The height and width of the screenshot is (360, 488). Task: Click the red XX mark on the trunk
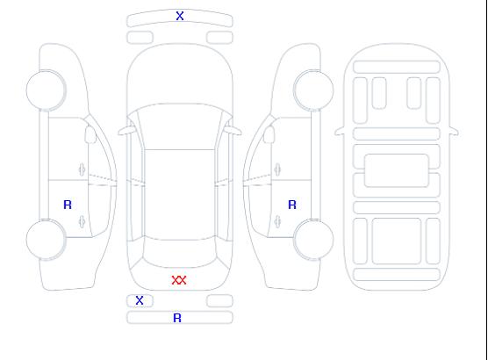[179, 280]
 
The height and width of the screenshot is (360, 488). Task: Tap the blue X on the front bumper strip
[180, 16]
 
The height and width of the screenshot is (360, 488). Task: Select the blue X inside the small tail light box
[140, 300]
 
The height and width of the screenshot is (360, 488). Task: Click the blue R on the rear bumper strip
[177, 318]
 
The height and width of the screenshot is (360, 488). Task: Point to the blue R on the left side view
[68, 205]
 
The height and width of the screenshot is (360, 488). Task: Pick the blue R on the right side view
[292, 205]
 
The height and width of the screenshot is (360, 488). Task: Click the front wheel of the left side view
[46, 90]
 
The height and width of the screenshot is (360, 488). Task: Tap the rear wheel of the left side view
[46, 240]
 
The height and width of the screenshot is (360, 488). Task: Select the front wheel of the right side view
[313, 90]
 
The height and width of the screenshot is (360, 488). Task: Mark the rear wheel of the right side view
[313, 240]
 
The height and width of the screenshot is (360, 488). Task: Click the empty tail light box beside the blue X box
[219, 301]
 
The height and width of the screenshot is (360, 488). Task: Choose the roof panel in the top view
[180, 195]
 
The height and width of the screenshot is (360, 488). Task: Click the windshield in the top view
[180, 126]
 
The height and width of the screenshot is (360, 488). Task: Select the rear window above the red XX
[180, 253]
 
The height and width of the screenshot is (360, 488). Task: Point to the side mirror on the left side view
[90, 134]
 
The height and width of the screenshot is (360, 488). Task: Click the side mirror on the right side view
[269, 134]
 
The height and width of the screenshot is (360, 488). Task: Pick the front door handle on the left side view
[82, 169]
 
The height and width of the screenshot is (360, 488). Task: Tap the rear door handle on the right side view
[277, 221]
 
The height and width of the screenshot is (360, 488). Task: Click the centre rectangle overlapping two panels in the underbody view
[397, 170]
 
